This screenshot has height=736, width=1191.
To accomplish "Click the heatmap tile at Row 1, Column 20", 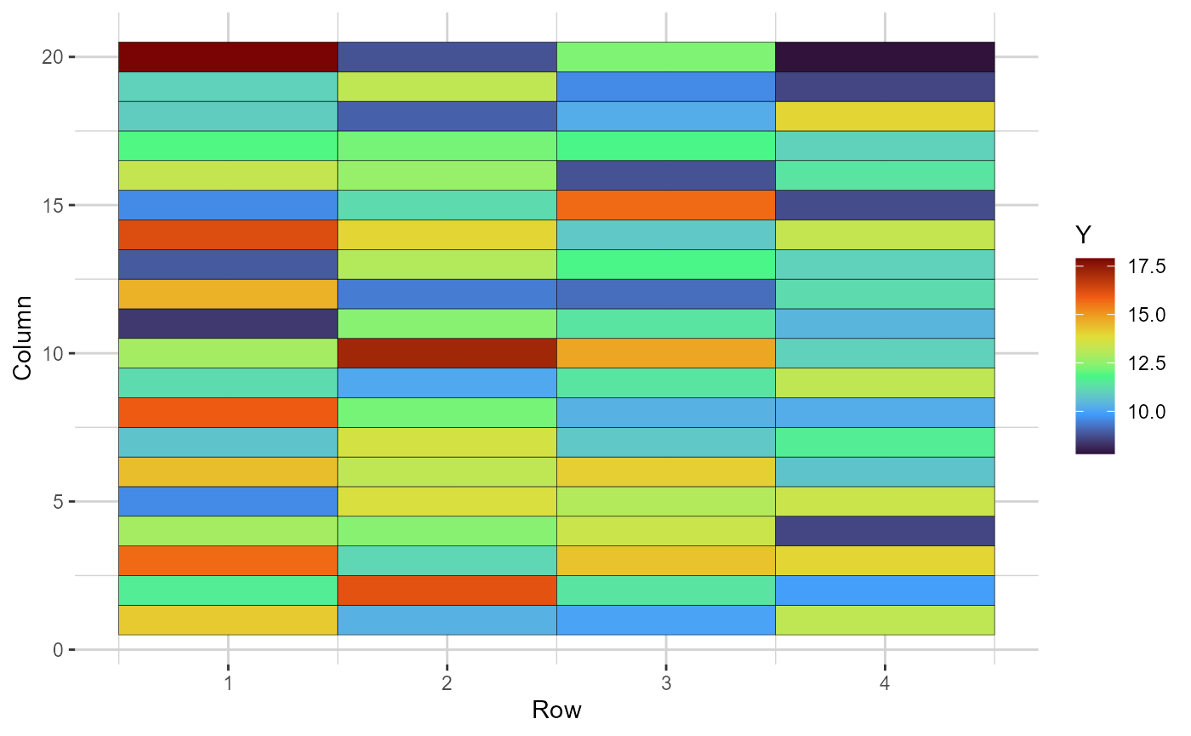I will pos(228,57).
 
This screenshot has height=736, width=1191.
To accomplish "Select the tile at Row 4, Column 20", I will pos(885,57).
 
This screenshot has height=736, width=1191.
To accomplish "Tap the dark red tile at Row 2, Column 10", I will pos(447,353).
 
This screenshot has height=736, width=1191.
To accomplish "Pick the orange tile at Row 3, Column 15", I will pos(665,205).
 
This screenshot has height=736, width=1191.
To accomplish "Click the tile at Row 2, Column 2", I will pos(447,591).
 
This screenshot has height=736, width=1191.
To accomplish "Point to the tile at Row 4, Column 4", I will pos(885,531).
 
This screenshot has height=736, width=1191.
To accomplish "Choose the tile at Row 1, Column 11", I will pos(228,323).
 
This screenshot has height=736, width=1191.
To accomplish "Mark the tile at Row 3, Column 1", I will pos(665,620).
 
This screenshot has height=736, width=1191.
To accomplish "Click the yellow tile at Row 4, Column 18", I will pos(885,116).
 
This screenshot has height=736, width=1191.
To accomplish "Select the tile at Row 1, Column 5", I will pos(228,501).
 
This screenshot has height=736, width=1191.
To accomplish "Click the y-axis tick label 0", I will pos(57,650).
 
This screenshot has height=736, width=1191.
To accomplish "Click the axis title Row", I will pos(556,710).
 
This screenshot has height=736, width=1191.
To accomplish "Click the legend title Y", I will pos(1084,234).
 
